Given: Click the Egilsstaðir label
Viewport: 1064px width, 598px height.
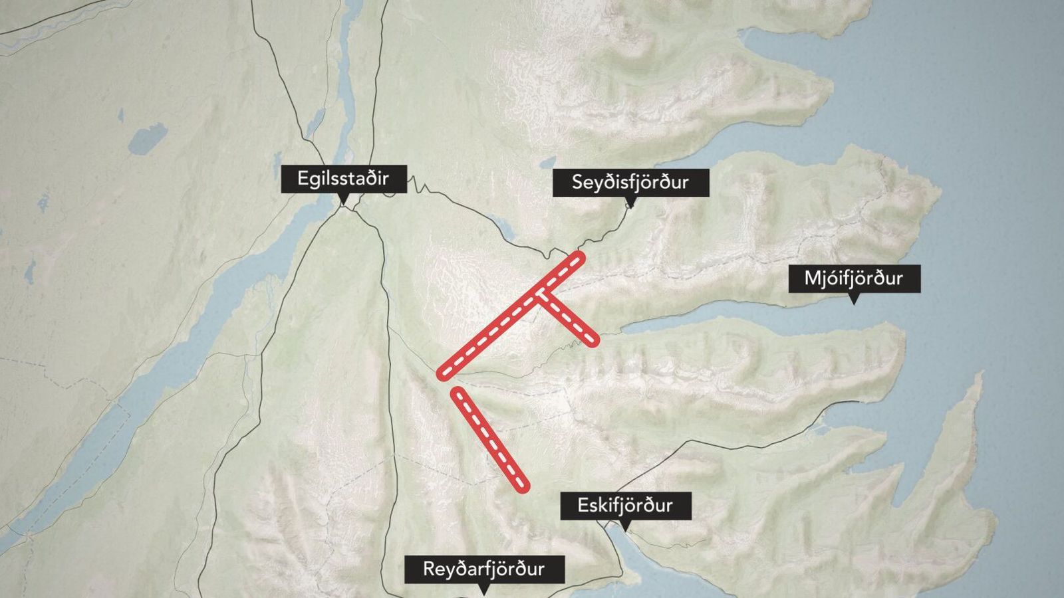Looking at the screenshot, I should point(343,179).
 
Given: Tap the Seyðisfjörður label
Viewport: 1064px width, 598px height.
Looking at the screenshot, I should point(630,182).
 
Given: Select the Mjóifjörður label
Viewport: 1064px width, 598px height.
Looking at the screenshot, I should point(854,278).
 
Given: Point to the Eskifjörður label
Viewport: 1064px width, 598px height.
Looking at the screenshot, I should point(625,506).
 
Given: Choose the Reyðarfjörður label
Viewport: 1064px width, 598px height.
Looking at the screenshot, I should point(484,569).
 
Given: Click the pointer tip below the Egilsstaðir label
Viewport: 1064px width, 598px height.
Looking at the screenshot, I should point(343,201).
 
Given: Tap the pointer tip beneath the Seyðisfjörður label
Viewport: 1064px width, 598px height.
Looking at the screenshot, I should point(630,205).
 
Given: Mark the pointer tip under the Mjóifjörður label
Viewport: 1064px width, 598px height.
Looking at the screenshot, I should point(855,302).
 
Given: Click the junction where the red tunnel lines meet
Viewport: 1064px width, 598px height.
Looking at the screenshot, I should point(540,294).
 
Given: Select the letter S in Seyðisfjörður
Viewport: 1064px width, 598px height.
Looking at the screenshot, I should point(578,182).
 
